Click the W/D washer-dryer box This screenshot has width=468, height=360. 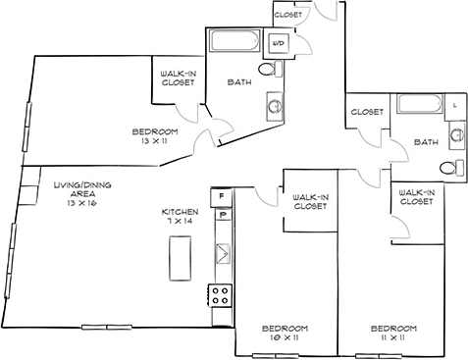pyautogui.click(x=279, y=43)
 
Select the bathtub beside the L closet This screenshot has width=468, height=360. pyautogui.click(x=420, y=106)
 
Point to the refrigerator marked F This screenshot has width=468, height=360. pyautogui.click(x=223, y=194)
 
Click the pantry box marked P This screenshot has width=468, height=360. pyautogui.click(x=223, y=215)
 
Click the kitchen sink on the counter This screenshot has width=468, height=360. pyautogui.click(x=223, y=253)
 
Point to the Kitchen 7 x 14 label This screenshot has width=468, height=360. pyautogui.click(x=181, y=218)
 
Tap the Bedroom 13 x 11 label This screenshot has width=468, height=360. pyautogui.click(x=155, y=136)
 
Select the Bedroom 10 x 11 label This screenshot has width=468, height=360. pyautogui.click(x=285, y=332)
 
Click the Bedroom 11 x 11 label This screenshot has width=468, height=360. pyautogui.click(x=392, y=332)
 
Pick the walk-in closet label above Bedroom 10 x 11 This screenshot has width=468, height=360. pyautogui.click(x=310, y=202)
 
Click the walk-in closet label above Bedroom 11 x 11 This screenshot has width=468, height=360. pyautogui.click(x=417, y=197)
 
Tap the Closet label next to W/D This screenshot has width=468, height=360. pyautogui.click(x=287, y=15)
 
